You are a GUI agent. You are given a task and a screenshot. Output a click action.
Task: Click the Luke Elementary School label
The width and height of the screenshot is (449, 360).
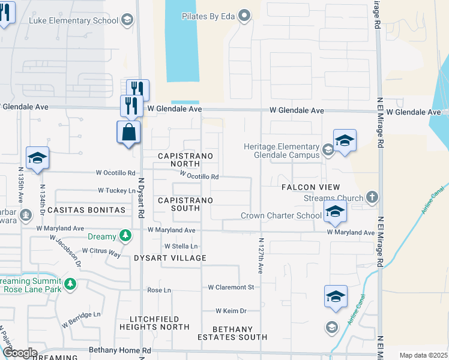pos(74,20)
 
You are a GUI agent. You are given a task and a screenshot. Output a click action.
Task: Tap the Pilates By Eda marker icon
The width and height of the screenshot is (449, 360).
pos(244,16)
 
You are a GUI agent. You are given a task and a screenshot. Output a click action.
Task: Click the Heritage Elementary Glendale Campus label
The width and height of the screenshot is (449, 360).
pos(281,151)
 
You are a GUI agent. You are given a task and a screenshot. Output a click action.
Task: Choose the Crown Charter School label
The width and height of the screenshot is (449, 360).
pos(281,216)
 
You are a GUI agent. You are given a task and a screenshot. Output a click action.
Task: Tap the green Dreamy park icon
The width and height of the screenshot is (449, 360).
pos(125,236)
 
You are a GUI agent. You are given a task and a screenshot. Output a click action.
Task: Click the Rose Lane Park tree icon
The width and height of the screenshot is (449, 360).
pos(70,283)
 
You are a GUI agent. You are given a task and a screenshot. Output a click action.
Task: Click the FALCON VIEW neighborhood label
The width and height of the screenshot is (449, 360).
pos(311,187)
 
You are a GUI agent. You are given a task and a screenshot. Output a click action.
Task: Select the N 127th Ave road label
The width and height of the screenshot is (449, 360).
pos(261,256)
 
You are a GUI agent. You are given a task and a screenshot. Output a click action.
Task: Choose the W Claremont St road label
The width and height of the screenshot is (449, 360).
pos(231,287)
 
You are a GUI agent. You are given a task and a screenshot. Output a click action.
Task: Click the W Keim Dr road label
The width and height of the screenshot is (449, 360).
pos(232,311)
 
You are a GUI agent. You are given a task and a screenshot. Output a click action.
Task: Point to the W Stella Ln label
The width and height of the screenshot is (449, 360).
pos(181,247)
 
